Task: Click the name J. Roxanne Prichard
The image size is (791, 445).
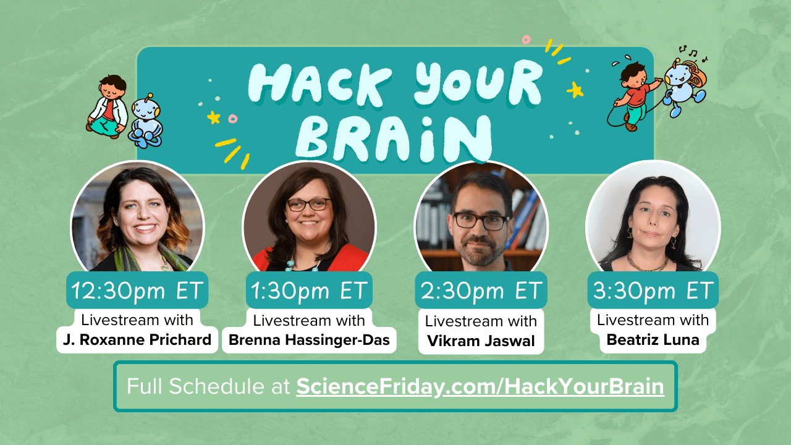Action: pos(137,339)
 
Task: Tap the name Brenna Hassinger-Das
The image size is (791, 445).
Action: pos(309,339)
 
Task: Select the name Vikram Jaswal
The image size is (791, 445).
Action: pos(481,341)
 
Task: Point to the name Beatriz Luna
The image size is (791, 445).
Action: pos(653,339)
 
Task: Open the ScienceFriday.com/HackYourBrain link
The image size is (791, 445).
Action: pos(480,386)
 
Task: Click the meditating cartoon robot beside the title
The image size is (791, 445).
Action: pos(146,120)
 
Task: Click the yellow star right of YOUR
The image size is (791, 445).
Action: pos(575,90)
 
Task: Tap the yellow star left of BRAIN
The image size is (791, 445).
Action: pos(214,117)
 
